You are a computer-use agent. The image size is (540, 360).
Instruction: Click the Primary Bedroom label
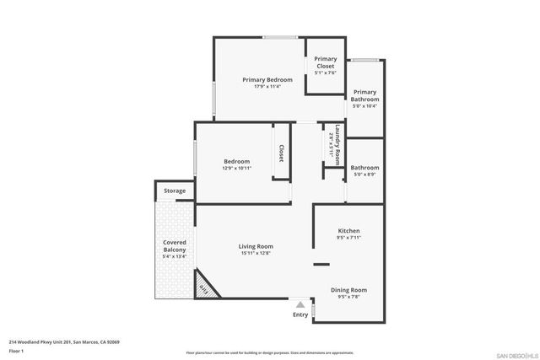pos(262,79)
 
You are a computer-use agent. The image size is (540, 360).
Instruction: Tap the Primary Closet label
pos(325,62)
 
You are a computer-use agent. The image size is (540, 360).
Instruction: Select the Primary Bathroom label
pos(364,95)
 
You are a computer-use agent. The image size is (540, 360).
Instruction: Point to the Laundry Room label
pos(337,137)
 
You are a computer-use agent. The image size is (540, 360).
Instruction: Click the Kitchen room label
pos(349,230)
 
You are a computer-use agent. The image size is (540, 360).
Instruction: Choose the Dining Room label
pos(348,290)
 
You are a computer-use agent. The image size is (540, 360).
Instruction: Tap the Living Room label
pos(257,246)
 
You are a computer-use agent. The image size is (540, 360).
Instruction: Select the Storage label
pos(175,191)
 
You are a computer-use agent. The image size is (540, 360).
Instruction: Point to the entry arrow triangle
pos(300,304)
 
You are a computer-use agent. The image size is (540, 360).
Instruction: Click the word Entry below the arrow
pos(300,314)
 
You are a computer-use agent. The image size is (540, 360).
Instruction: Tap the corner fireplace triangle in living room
pos(204,287)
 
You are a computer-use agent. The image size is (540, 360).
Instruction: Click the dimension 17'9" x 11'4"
pos(262,86)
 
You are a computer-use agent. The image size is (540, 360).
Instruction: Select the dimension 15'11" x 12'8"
pos(257,253)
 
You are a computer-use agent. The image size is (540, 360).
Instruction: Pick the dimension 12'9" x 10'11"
pos(236,168)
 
